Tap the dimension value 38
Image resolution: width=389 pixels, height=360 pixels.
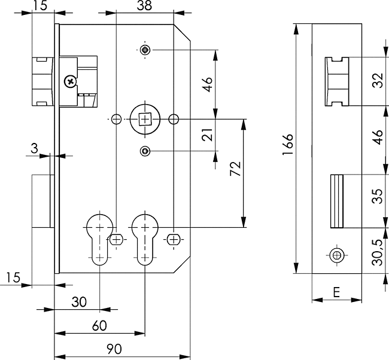pos(144,7)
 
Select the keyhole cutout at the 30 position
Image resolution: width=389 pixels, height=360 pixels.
pos(99,238)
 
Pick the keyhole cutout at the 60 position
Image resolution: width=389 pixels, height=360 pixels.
pos(144,238)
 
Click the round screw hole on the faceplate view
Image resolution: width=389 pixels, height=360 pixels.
pos(337,255)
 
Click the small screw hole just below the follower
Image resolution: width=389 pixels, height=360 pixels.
pos(144,151)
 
